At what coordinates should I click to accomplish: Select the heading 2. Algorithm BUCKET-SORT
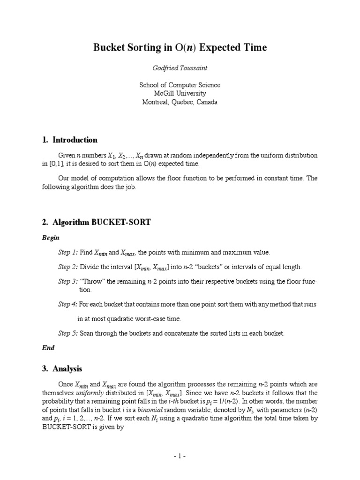pyautogui.click(x=96, y=222)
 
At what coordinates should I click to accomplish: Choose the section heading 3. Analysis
pyautogui.click(x=62, y=369)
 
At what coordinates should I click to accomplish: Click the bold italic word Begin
pyautogui.click(x=51, y=238)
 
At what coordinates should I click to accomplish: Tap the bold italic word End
pyautogui.click(x=48, y=348)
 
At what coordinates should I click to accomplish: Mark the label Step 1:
pyautogui.click(x=68, y=252)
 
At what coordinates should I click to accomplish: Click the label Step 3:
pyautogui.click(x=68, y=281)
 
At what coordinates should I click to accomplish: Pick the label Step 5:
pyautogui.click(x=68, y=333)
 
